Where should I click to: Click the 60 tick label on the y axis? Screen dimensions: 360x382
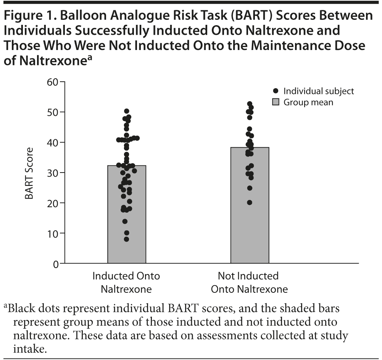53,82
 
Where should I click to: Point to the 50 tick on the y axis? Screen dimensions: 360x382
53,112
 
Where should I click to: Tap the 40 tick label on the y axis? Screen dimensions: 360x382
53,142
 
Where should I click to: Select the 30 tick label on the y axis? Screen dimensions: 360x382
53,173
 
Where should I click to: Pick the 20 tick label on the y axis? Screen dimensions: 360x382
53,203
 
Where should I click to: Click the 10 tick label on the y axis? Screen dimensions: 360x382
53,233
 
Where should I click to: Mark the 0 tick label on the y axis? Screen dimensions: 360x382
56,263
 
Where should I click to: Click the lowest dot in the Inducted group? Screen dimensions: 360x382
126,239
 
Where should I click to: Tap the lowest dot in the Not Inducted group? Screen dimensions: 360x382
250,202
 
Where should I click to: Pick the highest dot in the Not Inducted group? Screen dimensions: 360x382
250,104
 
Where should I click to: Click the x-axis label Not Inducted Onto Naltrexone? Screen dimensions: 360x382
249,283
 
